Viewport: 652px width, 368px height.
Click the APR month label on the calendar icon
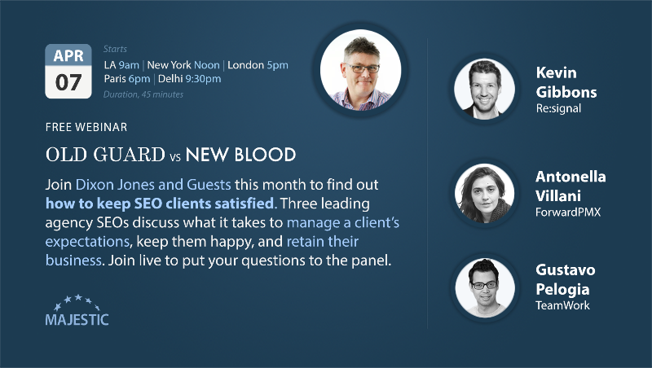(68, 55)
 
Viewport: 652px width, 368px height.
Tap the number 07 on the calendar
(68, 82)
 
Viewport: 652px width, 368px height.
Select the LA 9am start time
(121, 65)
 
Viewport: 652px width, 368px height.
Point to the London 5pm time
(258, 65)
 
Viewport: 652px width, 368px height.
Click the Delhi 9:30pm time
(190, 79)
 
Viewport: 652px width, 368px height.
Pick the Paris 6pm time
(127, 79)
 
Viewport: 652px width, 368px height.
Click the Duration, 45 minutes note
(143, 94)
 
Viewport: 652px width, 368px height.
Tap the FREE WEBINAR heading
(86, 127)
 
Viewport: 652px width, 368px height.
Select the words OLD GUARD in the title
(106, 155)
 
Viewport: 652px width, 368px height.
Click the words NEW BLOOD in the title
(240, 155)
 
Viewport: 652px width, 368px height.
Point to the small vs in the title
(175, 156)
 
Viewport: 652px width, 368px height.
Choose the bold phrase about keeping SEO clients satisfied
(160, 204)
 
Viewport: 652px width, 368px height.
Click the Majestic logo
(77, 310)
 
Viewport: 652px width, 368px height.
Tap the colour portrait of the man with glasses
(360, 70)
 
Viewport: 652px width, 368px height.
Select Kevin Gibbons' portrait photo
(484, 89)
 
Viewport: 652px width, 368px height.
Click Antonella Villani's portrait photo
(484, 193)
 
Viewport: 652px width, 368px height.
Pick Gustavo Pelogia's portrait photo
(485, 287)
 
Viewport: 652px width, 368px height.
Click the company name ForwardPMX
(568, 212)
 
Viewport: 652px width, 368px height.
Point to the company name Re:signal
(558, 109)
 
